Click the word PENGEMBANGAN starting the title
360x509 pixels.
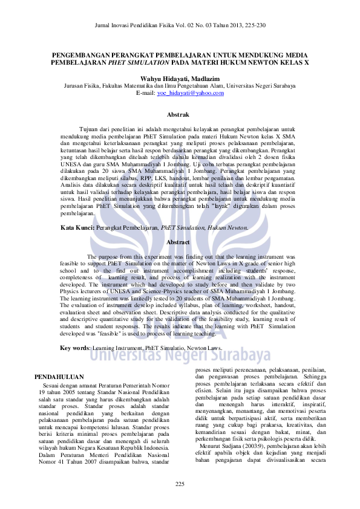81,54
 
